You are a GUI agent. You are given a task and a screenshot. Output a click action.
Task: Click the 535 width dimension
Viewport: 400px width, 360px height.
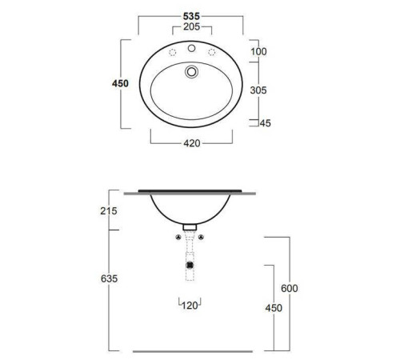point(191,16)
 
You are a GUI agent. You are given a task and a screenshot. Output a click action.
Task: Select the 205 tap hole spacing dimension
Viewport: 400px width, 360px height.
point(191,26)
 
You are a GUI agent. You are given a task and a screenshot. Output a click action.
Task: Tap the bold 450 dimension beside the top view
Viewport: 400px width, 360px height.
point(120,83)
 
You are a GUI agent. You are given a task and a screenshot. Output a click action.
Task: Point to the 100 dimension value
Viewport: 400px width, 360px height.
point(258,51)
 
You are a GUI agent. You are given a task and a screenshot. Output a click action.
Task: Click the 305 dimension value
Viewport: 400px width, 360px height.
point(258,90)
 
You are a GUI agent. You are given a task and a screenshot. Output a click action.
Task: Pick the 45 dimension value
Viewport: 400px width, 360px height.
point(265,123)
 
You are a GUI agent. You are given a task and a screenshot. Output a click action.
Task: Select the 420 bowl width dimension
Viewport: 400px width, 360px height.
point(192,143)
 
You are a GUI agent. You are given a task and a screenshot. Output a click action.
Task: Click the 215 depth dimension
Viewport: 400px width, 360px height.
point(109,211)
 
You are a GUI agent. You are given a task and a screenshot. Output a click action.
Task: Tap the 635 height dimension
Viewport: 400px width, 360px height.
point(109,278)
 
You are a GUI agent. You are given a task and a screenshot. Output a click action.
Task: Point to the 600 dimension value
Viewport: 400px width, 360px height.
point(290,288)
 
